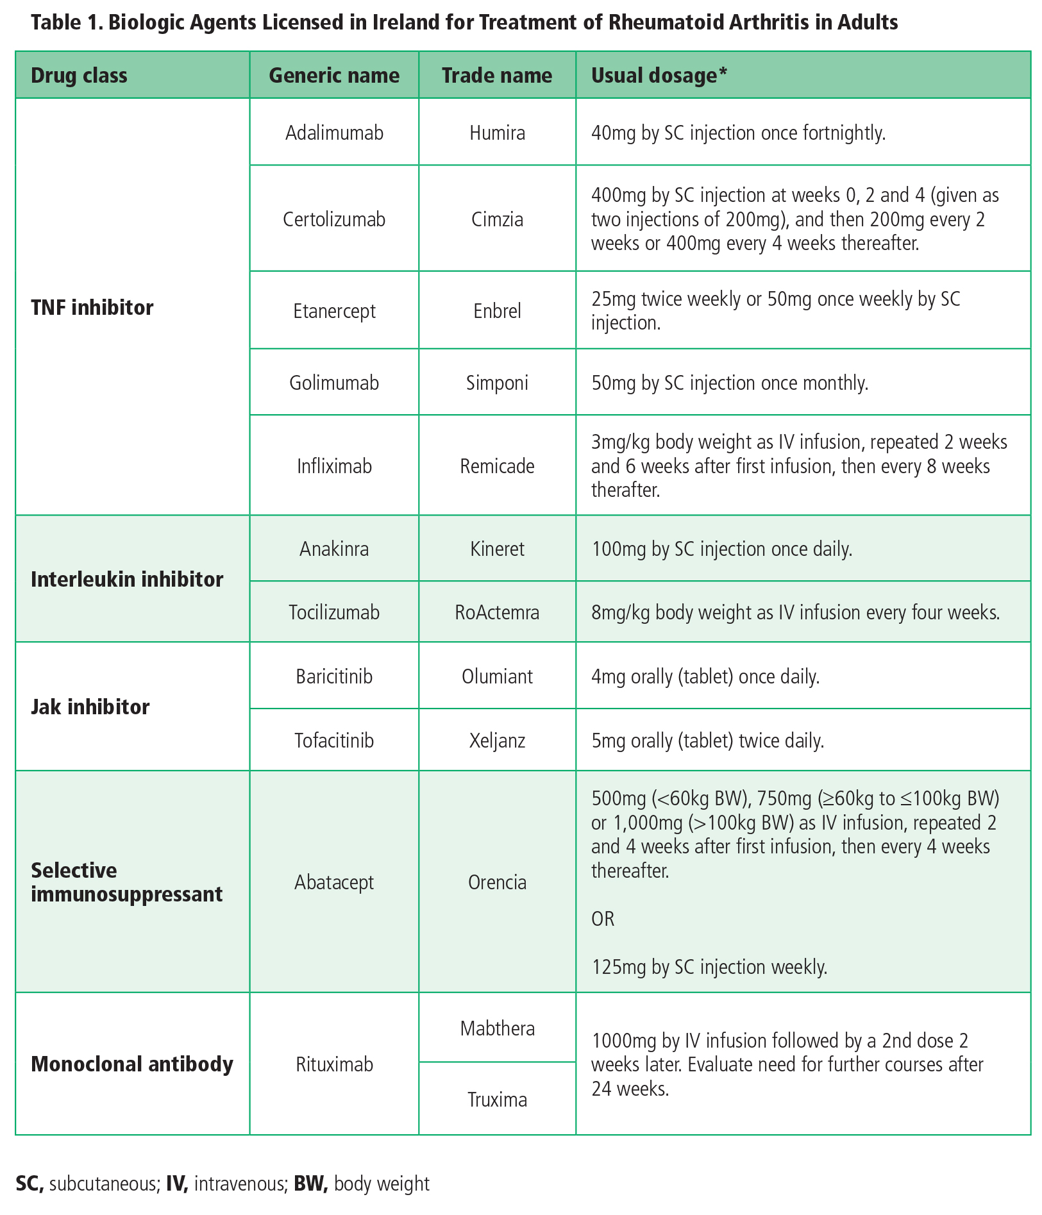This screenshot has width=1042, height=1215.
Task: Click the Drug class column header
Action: (79, 76)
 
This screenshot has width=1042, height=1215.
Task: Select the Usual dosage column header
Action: (659, 76)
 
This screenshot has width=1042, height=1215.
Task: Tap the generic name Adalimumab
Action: (334, 133)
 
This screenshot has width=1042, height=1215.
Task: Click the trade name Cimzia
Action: (497, 219)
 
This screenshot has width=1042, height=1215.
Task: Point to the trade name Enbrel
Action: (497, 311)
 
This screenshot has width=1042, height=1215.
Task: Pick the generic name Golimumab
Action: (334, 383)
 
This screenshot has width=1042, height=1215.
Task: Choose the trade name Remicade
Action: (497, 466)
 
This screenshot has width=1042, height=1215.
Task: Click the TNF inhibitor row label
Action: (92, 308)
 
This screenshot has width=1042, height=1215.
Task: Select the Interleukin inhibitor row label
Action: (127, 580)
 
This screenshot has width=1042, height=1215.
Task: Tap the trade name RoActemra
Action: (497, 612)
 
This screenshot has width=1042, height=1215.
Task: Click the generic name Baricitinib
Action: (334, 676)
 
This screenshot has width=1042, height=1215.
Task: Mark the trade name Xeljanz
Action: (497, 741)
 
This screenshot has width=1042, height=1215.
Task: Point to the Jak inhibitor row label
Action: (90, 707)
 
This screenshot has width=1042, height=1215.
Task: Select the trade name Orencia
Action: (497, 882)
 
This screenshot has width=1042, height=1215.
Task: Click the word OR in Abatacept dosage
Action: (603, 919)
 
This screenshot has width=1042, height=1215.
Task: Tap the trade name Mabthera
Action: (497, 1028)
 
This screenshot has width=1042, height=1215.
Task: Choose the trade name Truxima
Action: (497, 1100)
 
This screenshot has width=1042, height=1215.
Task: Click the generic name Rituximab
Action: (334, 1064)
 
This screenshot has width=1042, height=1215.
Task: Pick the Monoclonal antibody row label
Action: (132, 1064)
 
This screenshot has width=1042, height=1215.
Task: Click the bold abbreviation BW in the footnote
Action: (310, 1184)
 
